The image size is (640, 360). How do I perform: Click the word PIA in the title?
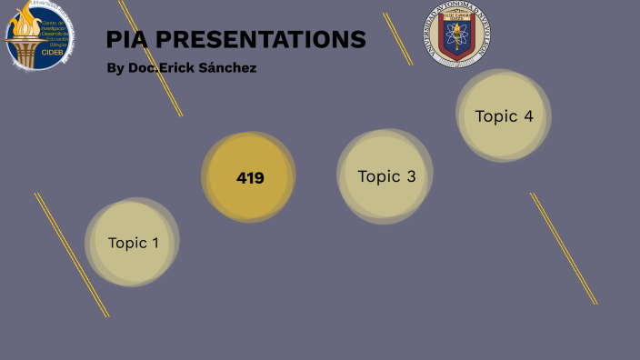click(x=125, y=39)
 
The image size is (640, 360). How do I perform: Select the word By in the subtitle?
click(x=115, y=68)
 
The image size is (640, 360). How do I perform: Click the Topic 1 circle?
click(x=133, y=242)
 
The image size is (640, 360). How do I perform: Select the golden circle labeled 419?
click(x=248, y=177)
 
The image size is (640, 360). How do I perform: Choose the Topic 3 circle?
click(x=385, y=176)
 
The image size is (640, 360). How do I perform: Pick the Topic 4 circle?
click(x=503, y=115)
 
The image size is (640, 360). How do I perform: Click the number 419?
click(x=250, y=178)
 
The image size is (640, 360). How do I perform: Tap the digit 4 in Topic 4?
click(x=528, y=116)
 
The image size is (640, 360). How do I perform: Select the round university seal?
click(x=456, y=34)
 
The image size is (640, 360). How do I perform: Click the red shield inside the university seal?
click(x=456, y=35)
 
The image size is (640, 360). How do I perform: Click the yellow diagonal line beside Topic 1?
click(x=71, y=255)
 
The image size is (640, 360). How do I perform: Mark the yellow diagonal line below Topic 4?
click(x=564, y=248)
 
